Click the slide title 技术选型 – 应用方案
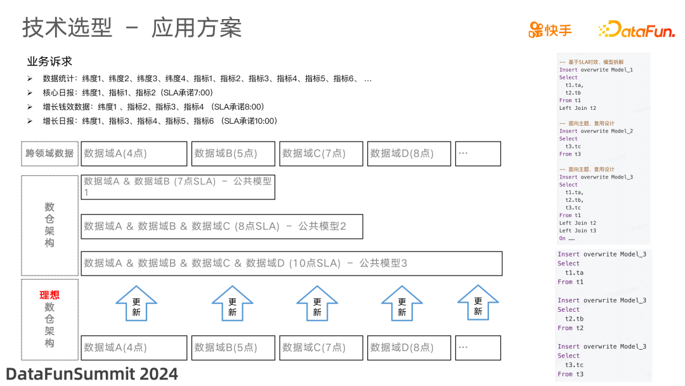[132, 28]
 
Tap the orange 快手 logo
[550, 29]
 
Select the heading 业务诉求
[49, 62]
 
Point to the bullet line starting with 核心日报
[127, 93]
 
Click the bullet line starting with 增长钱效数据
[153, 107]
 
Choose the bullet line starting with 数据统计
[207, 79]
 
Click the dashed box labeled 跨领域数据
[49, 154]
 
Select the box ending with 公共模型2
[222, 226]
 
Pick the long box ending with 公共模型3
[292, 263]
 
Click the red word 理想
[49, 295]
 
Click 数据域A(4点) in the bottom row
[134, 348]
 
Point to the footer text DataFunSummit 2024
[92, 373]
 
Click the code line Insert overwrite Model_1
[596, 70]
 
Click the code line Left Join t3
[577, 231]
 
